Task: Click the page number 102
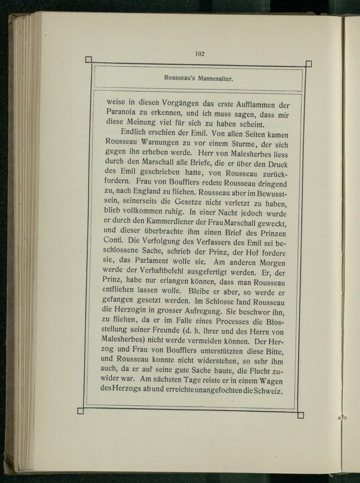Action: (x=199, y=54)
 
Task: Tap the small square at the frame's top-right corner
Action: (x=308, y=64)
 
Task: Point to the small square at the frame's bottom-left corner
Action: (x=81, y=411)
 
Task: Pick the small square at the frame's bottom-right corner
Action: (x=301, y=416)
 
